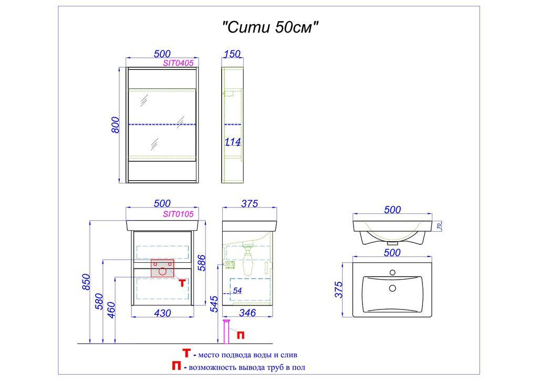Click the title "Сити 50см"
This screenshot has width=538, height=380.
(271, 27)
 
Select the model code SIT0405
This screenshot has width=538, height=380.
(178, 63)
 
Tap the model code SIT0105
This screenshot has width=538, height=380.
(178, 214)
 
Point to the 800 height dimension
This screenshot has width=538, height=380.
(116, 125)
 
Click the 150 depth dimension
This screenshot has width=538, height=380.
(232, 54)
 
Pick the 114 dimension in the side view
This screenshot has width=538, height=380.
(233, 141)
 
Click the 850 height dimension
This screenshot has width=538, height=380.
(86, 282)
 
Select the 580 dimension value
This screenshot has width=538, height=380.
(99, 301)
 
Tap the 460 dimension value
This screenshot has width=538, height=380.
(111, 310)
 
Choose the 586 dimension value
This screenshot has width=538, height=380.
(202, 263)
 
